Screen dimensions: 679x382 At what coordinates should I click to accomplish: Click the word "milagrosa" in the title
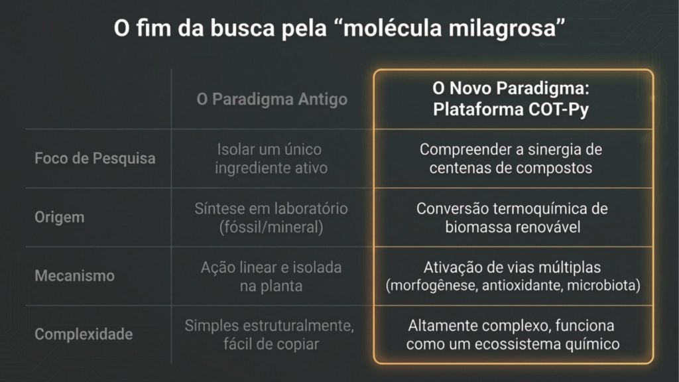pos(503,29)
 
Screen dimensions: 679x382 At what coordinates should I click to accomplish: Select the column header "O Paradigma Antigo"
pos(272,99)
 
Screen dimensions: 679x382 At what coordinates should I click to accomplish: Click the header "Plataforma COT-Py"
pos(511,109)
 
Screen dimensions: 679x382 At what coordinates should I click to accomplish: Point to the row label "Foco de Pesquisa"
pos(95,158)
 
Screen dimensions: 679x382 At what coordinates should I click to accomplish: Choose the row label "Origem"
pos(59,217)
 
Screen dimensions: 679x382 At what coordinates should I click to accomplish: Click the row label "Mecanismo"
pos(74,275)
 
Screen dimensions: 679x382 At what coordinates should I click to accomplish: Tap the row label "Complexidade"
pos(84,334)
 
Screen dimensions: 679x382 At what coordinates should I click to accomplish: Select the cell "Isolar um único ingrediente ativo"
pos(271,159)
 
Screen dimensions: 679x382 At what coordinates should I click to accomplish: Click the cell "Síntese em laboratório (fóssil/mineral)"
pos(271,218)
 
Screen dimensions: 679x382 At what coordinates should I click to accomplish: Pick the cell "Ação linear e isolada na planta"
pos(271,277)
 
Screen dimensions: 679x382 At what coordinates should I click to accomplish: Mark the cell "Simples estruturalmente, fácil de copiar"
pos(269,334)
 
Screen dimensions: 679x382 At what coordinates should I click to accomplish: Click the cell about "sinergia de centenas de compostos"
pos(511,159)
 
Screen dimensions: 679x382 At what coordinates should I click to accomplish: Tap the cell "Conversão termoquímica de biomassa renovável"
pos(513,218)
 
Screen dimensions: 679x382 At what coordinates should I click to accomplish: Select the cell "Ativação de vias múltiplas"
pos(513,267)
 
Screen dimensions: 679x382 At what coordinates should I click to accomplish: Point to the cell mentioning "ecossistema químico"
pos(513,334)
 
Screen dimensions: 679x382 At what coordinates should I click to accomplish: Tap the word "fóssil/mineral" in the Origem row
pos(271,227)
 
